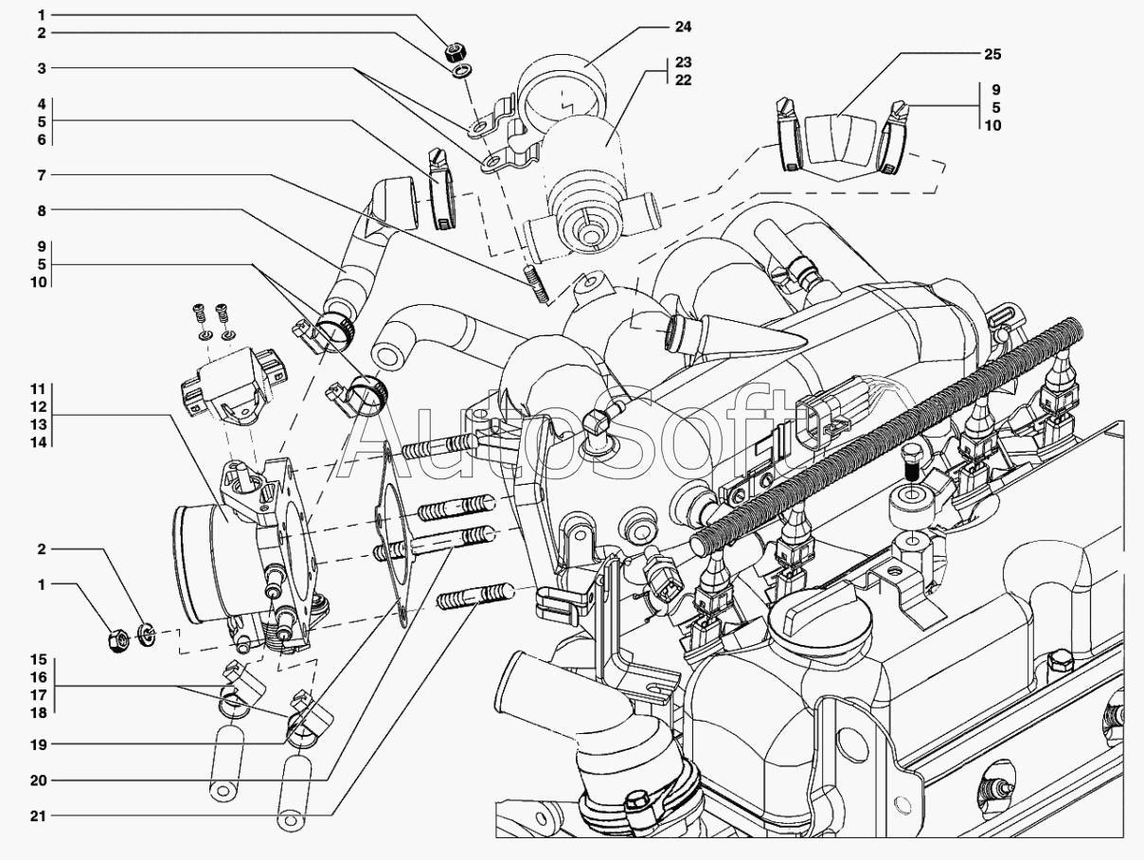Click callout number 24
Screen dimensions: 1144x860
click(x=683, y=27)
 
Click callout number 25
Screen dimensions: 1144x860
click(x=992, y=54)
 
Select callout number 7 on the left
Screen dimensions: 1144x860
click(x=42, y=175)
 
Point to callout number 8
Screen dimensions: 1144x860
click(x=42, y=210)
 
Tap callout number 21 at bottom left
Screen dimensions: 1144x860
click(x=39, y=816)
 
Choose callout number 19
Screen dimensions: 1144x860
click(x=39, y=744)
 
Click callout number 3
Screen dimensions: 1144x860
click(x=42, y=68)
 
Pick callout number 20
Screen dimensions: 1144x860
click(x=39, y=780)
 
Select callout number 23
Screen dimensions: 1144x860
click(x=683, y=62)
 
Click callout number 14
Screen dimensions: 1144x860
click(x=39, y=442)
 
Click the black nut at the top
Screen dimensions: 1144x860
click(x=456, y=51)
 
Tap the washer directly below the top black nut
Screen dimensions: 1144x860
click(x=462, y=70)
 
